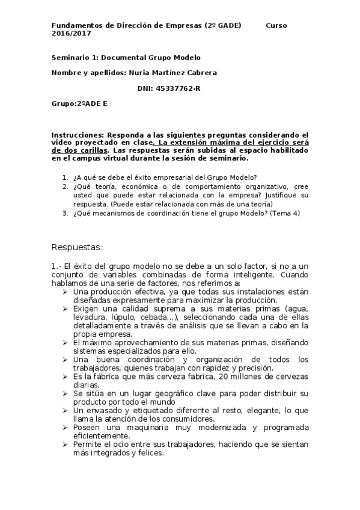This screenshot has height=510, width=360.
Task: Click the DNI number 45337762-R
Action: [178, 88]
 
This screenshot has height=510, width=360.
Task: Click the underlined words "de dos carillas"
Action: [80, 150]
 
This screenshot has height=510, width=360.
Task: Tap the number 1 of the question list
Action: [65, 177]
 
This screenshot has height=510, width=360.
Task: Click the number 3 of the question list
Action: [65, 213]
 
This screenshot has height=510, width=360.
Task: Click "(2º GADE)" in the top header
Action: [223, 26]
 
